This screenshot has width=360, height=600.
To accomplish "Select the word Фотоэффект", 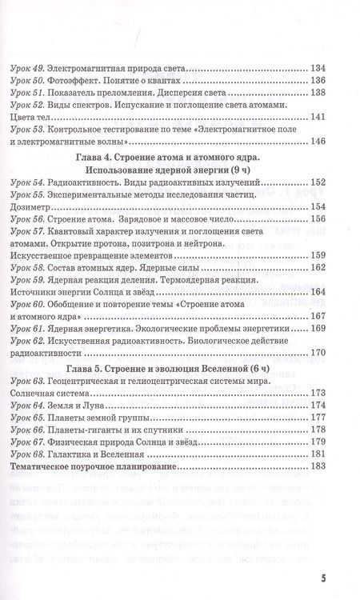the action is [x=94, y=79].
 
